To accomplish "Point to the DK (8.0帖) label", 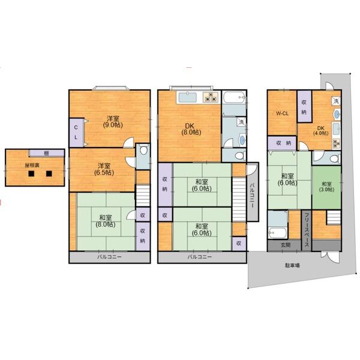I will [x=190, y=129].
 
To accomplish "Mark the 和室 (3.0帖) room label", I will [x=326, y=187].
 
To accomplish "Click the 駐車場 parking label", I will [x=292, y=264].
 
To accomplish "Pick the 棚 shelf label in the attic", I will [x=39, y=152].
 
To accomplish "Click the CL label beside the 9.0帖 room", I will [x=76, y=131].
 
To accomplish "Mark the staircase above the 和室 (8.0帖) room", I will [x=142, y=196].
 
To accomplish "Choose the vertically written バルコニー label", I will [x=253, y=195].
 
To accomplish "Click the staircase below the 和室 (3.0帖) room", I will [x=328, y=231].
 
